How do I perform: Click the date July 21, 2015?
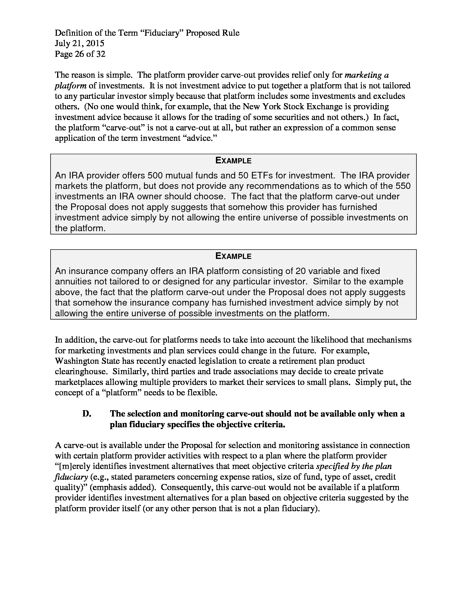pyautogui.click(x=79, y=43)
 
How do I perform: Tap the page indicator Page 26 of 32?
pyautogui.click(x=80, y=54)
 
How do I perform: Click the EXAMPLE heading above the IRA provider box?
pyautogui.click(x=233, y=161)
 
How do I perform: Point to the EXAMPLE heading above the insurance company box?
pyautogui.click(x=233, y=256)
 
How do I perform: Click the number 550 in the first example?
pyautogui.click(x=402, y=186)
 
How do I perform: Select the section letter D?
pyautogui.click(x=87, y=414)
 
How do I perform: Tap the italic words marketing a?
pyautogui.click(x=367, y=75)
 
